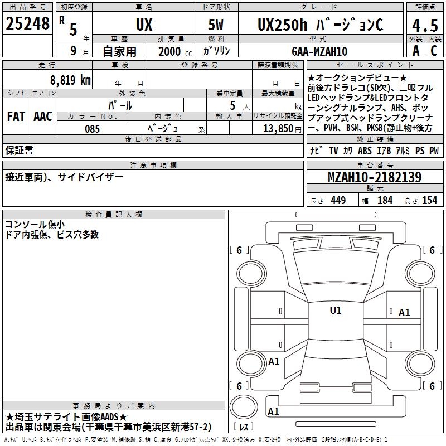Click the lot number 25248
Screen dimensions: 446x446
27,23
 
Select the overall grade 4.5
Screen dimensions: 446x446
425,26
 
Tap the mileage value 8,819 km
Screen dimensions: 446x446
70,80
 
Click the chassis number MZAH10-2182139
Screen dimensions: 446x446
375,177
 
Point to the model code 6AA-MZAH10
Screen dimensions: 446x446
319,51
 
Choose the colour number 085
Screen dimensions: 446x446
93,129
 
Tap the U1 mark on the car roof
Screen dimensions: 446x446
336,310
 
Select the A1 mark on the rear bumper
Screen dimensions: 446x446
273,411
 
